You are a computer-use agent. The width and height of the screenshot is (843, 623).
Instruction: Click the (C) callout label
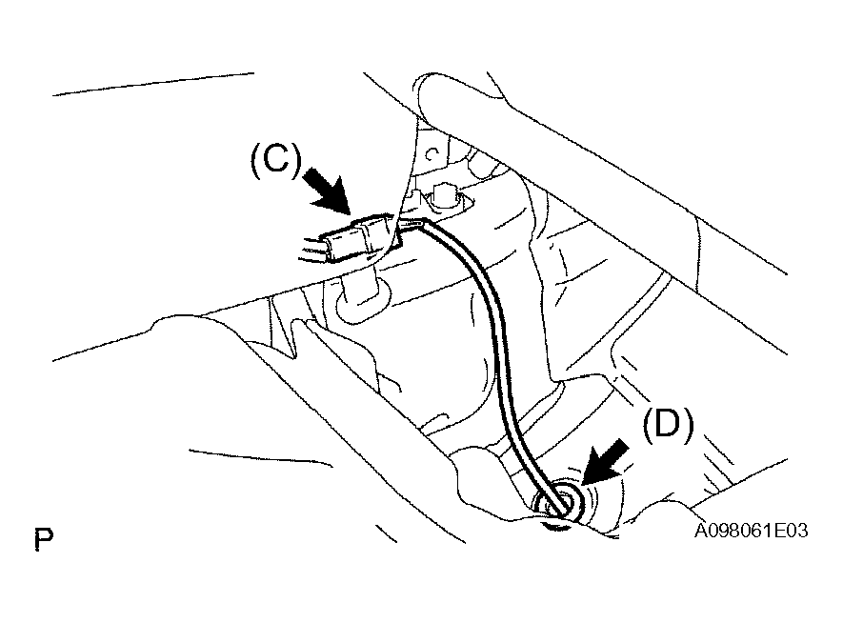(x=276, y=160)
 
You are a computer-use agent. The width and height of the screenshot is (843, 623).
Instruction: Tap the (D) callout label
(x=669, y=425)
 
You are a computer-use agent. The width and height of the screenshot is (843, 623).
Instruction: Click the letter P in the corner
(x=44, y=539)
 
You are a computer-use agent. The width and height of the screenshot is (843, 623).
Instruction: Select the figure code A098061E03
(x=751, y=531)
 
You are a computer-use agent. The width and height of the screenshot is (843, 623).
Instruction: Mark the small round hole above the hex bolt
(x=432, y=155)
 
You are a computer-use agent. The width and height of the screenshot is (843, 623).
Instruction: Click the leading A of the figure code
(x=701, y=531)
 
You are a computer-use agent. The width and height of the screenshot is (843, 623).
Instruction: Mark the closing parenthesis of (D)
(x=689, y=425)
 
